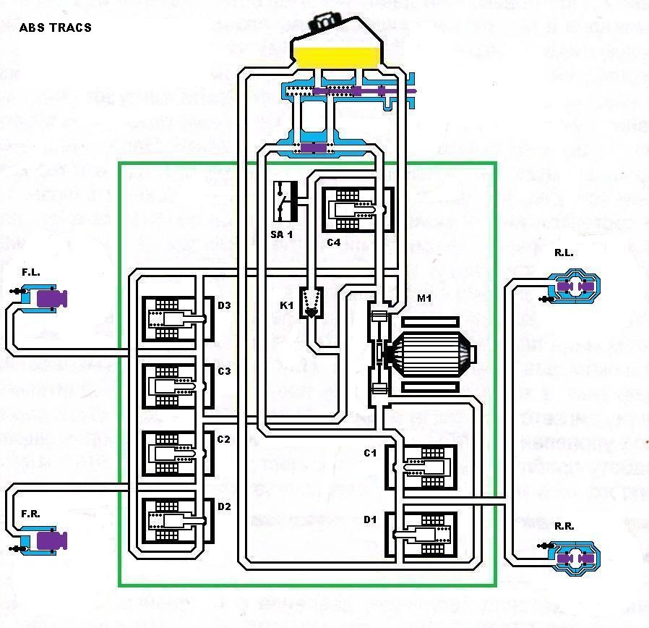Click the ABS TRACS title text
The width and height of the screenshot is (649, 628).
point(56,27)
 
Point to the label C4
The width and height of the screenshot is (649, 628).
point(332,242)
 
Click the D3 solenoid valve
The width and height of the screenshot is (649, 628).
point(173,318)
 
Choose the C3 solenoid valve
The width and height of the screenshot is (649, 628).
point(173,386)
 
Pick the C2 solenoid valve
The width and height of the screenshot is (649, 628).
point(173,453)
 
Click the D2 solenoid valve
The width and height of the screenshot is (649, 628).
point(173,520)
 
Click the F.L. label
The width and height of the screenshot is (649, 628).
point(30,273)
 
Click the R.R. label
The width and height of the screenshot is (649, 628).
point(564,526)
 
